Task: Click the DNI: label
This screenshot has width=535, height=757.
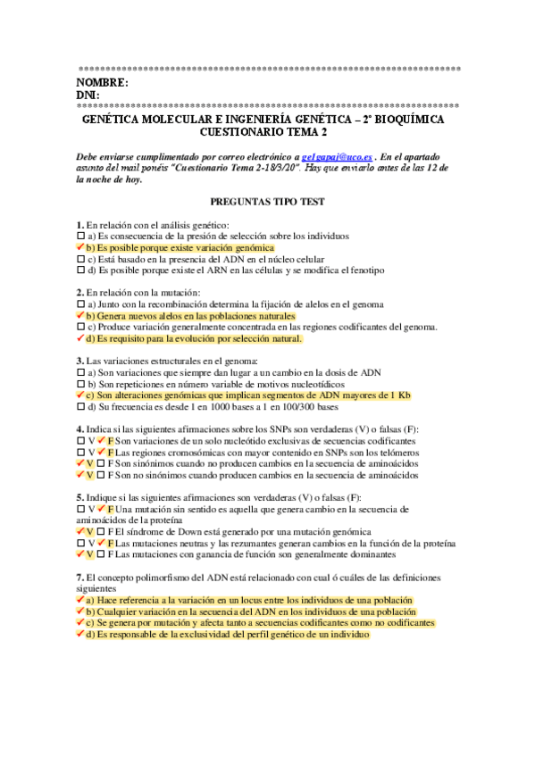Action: [88, 96]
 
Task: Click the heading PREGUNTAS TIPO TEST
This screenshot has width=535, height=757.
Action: [267, 203]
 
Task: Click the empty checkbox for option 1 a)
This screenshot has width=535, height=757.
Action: [80, 237]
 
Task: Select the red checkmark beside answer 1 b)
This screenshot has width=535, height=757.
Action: [80, 247]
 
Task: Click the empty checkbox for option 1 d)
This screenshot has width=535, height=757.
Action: [80, 270]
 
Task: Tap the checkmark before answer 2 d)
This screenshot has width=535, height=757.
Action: [80, 338]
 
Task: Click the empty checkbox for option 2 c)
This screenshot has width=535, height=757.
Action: [80, 328]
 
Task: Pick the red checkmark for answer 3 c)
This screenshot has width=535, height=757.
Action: [80, 395]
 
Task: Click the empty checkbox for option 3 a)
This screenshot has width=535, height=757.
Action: [80, 372]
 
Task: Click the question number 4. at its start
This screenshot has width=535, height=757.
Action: [79, 429]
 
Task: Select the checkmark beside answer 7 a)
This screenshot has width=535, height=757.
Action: [80, 601]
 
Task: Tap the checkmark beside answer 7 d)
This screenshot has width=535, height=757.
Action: [80, 635]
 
